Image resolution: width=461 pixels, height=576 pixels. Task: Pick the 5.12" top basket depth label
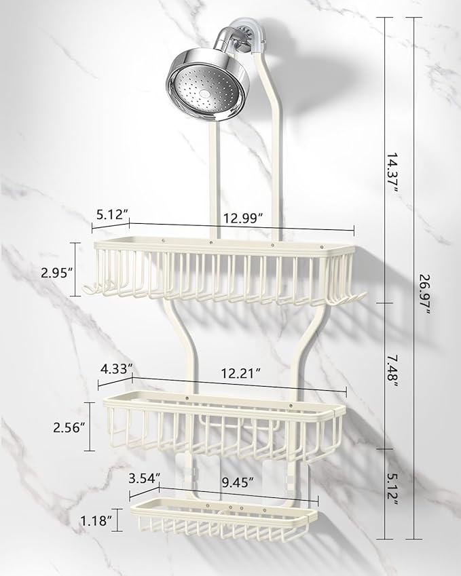pyautogui.click(x=113, y=214)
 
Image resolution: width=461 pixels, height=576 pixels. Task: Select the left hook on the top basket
pyautogui.click(x=86, y=290)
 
